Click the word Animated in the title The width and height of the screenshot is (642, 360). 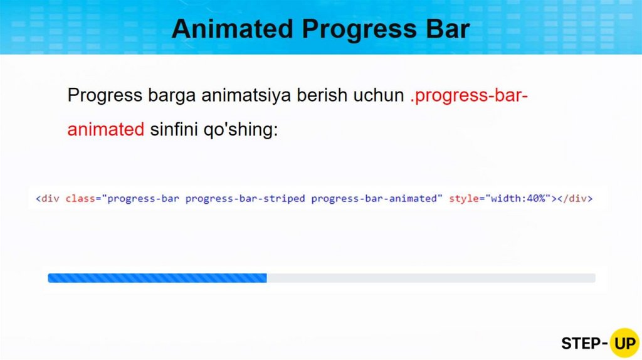(x=233, y=29)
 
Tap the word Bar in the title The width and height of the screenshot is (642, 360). (x=448, y=29)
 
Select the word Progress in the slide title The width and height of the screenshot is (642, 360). (x=359, y=29)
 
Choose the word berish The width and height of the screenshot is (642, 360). (x=322, y=95)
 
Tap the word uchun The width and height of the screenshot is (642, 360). (x=379, y=95)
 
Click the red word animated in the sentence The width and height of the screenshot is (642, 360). (x=105, y=129)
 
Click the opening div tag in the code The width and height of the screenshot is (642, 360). (x=48, y=199)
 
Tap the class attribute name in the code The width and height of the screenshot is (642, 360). (x=80, y=199)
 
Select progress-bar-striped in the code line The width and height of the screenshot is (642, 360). (x=245, y=199)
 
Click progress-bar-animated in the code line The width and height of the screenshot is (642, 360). (x=374, y=199)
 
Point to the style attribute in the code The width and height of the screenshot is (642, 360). (x=464, y=199)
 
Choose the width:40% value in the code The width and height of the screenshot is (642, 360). (x=518, y=199)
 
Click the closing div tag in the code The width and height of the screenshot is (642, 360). (x=575, y=199)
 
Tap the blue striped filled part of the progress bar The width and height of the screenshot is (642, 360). (x=157, y=278)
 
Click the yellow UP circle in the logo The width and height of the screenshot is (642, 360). (x=624, y=343)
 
